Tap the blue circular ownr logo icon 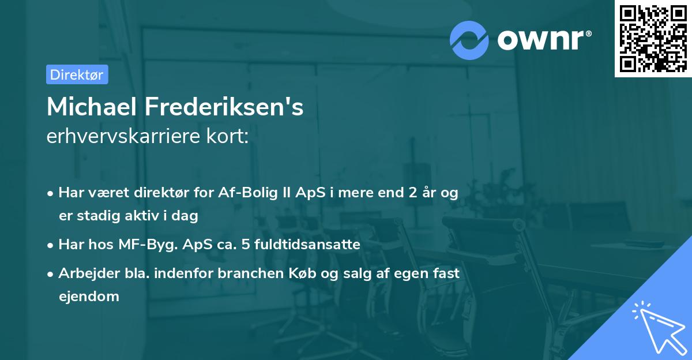coord(470,40)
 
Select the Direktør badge coord(77,74)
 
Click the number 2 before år coord(413,193)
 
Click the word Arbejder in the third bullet coord(84,273)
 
